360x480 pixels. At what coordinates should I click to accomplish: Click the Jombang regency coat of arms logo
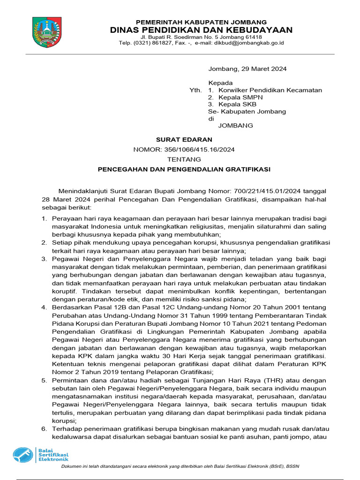tap(46, 31)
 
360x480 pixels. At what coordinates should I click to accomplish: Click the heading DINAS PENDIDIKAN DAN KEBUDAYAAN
tap(201, 30)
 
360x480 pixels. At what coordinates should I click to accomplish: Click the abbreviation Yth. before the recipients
tap(195, 90)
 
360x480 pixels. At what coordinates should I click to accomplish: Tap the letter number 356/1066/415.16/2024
tap(200, 150)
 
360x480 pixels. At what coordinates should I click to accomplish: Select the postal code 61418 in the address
tap(253, 37)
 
